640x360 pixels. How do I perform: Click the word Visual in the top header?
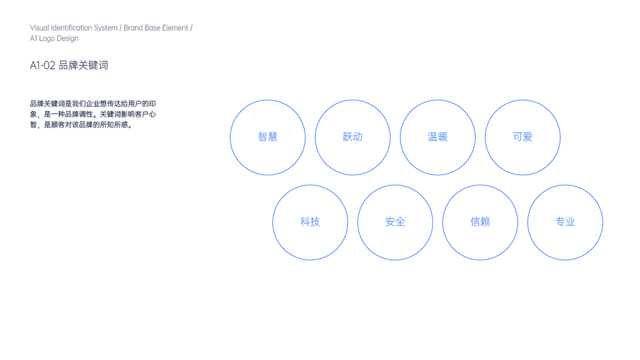coord(37,28)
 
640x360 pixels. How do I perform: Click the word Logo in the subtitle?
coord(45,38)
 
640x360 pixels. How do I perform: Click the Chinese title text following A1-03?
coord(83,66)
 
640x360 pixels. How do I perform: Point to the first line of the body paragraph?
coord(92,103)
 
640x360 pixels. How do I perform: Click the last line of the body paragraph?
coord(80,125)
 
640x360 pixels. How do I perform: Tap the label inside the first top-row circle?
coord(268,137)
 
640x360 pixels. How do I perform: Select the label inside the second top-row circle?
coord(352,137)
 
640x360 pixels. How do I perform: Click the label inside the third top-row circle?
coord(437,137)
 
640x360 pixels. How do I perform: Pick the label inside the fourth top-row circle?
coord(522,137)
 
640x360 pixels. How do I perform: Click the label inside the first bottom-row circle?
coord(310,223)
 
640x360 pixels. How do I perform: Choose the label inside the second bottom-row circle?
coord(395,223)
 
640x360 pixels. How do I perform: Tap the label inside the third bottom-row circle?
coord(480,223)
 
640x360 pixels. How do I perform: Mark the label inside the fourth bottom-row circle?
coord(565,223)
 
